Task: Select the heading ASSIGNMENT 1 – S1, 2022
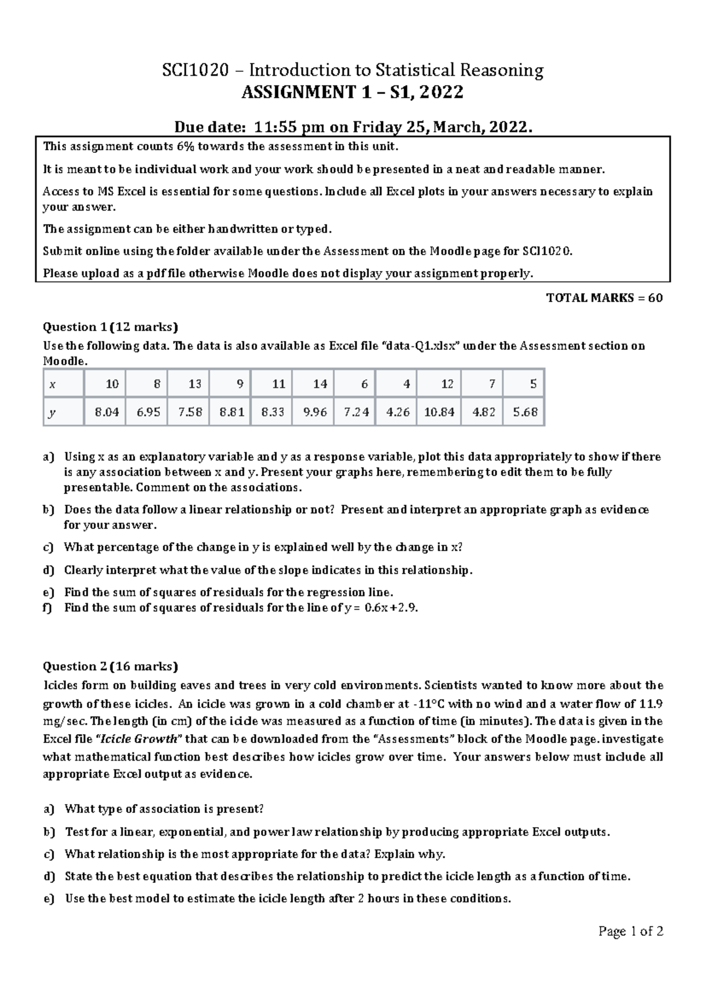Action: (353, 92)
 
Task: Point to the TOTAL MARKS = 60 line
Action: (604, 297)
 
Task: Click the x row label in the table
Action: (52, 384)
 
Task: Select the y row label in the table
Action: (52, 412)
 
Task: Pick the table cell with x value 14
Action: (320, 384)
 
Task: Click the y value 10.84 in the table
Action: (439, 412)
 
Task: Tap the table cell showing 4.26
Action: (398, 412)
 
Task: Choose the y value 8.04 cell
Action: (106, 412)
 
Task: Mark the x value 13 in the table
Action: (195, 384)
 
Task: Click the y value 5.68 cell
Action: (525, 412)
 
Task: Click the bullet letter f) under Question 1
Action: (48, 608)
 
